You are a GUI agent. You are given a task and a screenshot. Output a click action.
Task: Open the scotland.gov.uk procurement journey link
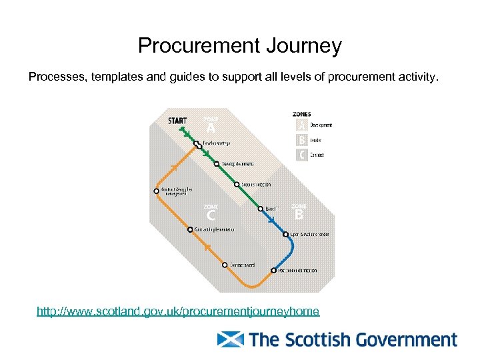click(x=178, y=311)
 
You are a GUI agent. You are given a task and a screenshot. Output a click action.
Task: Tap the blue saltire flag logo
click(x=231, y=340)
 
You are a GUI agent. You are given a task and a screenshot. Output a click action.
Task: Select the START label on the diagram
click(x=177, y=121)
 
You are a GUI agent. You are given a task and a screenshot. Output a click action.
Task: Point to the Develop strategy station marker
click(x=196, y=143)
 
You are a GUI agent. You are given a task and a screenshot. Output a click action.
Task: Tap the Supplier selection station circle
click(x=237, y=184)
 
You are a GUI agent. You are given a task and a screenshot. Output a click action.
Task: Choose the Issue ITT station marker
click(x=260, y=208)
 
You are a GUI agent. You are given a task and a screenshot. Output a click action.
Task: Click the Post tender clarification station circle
click(x=273, y=270)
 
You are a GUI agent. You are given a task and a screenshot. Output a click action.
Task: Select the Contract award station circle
click(x=225, y=265)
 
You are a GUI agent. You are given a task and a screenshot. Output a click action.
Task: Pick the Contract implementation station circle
click(x=190, y=229)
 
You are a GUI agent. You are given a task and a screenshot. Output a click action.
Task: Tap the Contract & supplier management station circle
click(x=157, y=190)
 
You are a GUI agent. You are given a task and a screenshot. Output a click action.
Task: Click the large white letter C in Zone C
click(x=211, y=216)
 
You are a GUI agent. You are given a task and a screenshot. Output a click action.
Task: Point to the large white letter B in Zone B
click(x=299, y=215)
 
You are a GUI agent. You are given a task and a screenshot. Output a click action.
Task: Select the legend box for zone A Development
click(x=302, y=125)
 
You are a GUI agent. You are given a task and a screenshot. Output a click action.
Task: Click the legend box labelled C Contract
click(x=302, y=155)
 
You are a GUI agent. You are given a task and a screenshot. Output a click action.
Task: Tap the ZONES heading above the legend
click(x=302, y=114)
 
